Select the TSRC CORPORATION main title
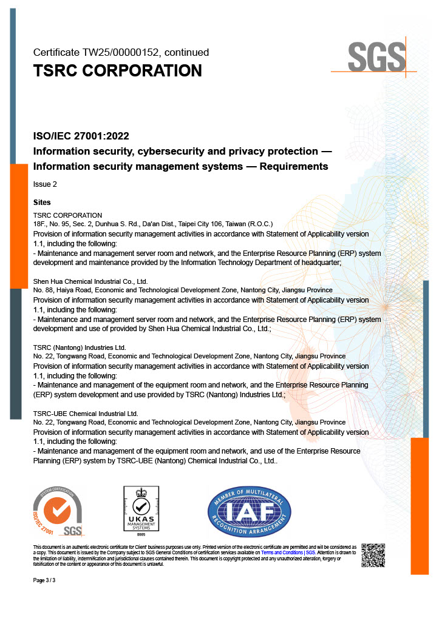pyautogui.click(x=117, y=71)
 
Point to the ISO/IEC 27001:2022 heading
pyautogui.click(x=81, y=136)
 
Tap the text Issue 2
pyautogui.click(x=45, y=184)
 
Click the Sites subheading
pyautogui.click(x=42, y=203)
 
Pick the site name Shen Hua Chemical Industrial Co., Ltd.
pyautogui.click(x=90, y=281)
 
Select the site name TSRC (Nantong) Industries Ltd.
pyautogui.click(x=79, y=347)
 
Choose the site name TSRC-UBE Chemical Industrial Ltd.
pyautogui.click(x=86, y=414)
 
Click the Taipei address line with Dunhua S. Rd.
pyautogui.click(x=153, y=224)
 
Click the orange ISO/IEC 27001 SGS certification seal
pyautogui.click(x=58, y=511)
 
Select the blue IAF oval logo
pyautogui.click(x=249, y=511)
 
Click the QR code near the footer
pyautogui.click(x=373, y=555)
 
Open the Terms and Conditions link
pyautogui.click(x=282, y=553)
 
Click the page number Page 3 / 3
pyautogui.click(x=44, y=580)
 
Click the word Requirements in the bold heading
pyautogui.click(x=294, y=167)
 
